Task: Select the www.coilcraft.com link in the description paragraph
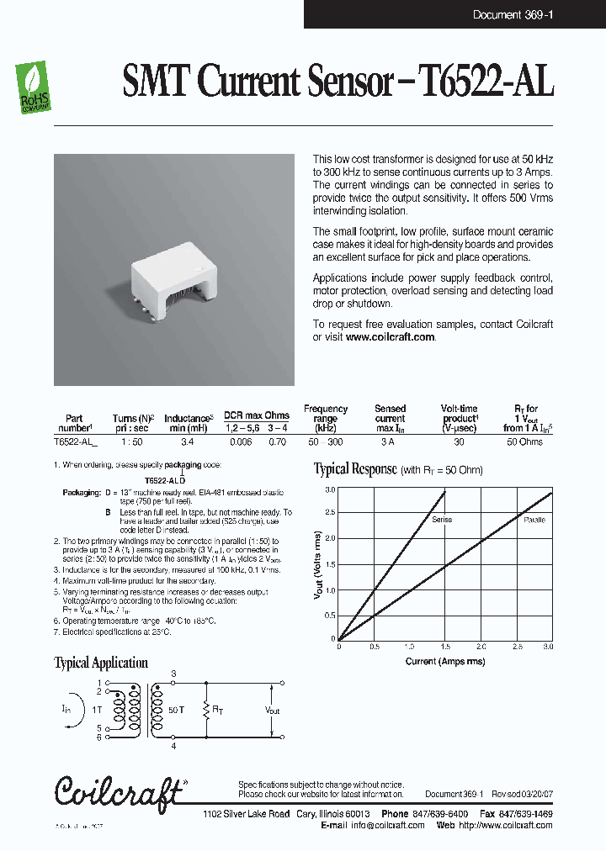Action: [x=390, y=336]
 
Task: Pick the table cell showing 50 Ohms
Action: [x=525, y=441]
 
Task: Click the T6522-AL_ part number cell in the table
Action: [x=75, y=441]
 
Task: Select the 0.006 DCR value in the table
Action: [x=240, y=441]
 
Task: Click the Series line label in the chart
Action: [x=442, y=520]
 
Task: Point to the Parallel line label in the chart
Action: [x=534, y=520]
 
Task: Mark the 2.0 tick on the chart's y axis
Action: [x=330, y=539]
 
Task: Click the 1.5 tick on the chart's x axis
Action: [x=444, y=647]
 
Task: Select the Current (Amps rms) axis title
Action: [x=444, y=661]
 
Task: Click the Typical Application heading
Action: [x=100, y=663]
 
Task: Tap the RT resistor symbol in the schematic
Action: [x=206, y=711]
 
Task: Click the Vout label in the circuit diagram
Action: [x=273, y=711]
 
